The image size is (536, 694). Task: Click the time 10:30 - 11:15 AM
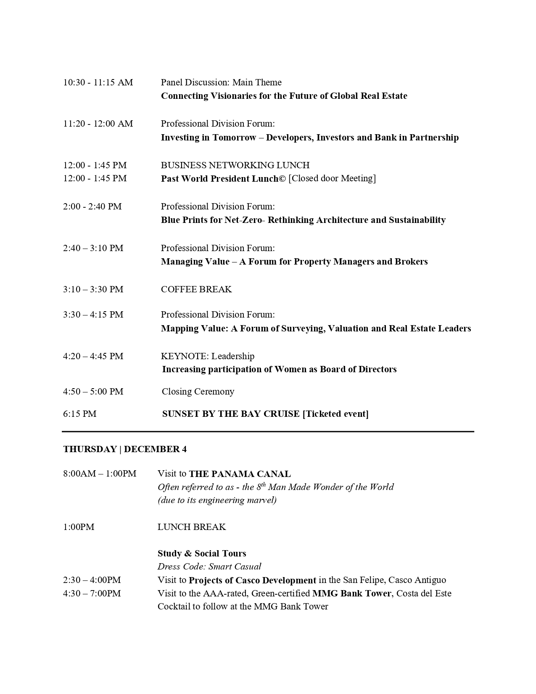(98, 82)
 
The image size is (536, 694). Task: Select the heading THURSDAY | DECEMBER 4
(125, 449)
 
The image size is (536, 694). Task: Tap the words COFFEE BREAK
(196, 289)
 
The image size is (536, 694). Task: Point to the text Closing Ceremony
(198, 392)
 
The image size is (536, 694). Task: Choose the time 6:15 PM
(80, 414)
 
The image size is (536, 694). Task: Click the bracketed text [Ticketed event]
(335, 414)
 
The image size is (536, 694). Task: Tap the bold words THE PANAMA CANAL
(240, 474)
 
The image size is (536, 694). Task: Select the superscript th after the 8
(264, 484)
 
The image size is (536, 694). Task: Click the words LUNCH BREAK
(192, 527)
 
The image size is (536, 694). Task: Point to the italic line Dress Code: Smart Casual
(209, 567)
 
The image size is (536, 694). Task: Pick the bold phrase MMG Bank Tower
(352, 593)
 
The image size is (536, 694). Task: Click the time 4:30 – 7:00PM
(92, 593)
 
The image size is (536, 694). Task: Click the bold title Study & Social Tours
(202, 554)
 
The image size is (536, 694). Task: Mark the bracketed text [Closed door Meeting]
(332, 178)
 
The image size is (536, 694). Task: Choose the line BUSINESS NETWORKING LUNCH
(235, 165)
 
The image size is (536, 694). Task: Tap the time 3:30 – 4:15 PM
(93, 315)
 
